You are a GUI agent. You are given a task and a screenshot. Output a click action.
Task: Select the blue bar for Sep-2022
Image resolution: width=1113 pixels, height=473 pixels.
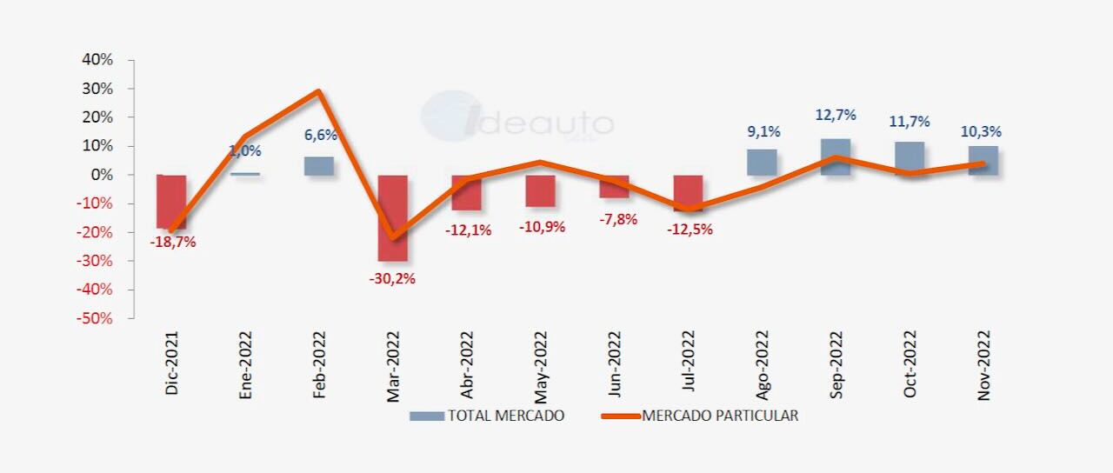[836, 157]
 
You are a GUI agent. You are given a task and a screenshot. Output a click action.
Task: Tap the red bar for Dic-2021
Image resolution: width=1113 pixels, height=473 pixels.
[170, 201]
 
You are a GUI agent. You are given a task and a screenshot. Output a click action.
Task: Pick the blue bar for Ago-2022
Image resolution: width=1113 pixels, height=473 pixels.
[762, 162]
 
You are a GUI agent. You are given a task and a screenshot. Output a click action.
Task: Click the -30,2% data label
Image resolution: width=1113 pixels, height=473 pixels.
[392, 279]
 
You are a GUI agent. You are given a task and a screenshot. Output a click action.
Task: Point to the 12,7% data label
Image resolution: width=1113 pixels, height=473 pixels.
[836, 115]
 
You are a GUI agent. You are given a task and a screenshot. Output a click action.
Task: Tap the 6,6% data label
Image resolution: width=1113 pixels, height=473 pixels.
[320, 135]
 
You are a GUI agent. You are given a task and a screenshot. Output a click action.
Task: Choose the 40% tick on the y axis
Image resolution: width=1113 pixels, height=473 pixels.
[97, 60]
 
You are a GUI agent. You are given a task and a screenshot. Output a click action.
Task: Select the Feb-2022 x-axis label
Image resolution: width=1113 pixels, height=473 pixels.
[320, 365]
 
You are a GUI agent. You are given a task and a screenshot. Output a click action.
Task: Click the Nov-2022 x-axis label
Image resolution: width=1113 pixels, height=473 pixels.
[983, 365]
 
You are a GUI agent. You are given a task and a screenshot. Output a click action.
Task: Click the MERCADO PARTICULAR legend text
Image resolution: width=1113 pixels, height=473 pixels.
[720, 416]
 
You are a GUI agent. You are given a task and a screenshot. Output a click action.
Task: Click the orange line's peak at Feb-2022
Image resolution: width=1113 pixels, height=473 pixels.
[319, 91]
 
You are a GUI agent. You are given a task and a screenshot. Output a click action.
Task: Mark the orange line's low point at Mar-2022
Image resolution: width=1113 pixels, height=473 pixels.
[392, 237]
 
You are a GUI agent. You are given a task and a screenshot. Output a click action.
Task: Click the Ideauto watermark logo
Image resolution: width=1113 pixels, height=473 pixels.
[517, 120]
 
